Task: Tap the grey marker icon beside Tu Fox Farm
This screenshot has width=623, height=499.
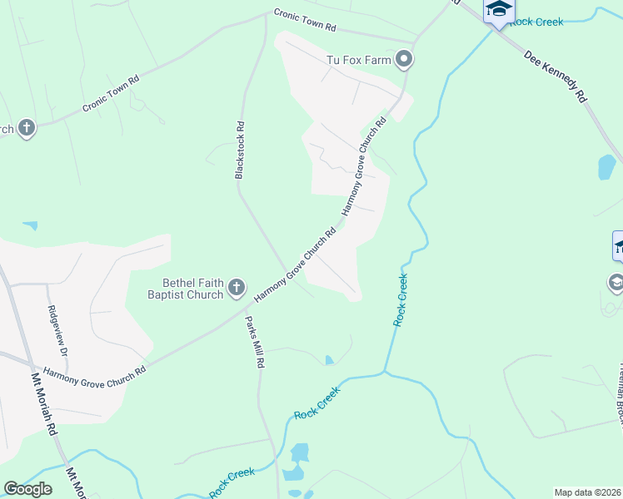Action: click(404, 58)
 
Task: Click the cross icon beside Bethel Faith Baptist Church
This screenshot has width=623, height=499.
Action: click(236, 289)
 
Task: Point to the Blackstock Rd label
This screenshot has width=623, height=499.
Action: click(240, 151)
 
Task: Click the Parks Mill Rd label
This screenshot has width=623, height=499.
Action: click(254, 342)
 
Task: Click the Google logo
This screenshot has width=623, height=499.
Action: click(27, 489)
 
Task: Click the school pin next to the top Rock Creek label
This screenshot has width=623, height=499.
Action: click(498, 11)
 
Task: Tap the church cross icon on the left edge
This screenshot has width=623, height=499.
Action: click(27, 128)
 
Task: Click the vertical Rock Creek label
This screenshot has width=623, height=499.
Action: click(401, 299)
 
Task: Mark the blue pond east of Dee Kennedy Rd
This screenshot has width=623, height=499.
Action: click(606, 167)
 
